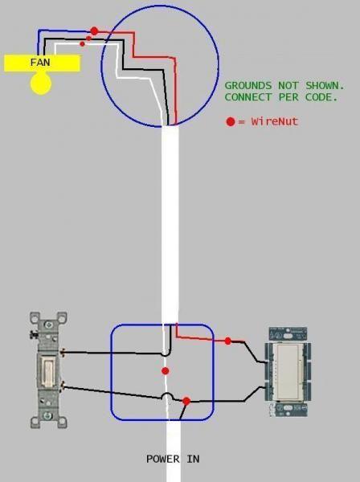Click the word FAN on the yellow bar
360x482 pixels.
point(40,63)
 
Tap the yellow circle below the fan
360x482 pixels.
point(41,84)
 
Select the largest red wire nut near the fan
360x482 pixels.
point(94,31)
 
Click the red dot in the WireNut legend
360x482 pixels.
point(231,122)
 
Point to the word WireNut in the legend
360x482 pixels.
point(275,121)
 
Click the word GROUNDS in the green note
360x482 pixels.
point(248,85)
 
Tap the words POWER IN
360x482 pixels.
point(173,459)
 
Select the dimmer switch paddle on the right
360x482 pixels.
point(288,371)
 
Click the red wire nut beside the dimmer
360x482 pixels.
point(227,341)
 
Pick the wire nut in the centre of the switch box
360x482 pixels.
point(165,371)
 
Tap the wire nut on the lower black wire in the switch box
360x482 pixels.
point(186,401)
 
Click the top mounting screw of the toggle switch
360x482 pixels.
point(47,325)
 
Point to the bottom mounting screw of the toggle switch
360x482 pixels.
point(47,416)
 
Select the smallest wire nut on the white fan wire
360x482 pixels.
point(82,44)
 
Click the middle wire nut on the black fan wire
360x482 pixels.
point(88,39)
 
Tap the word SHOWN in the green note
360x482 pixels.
point(325,85)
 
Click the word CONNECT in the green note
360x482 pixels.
point(248,97)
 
